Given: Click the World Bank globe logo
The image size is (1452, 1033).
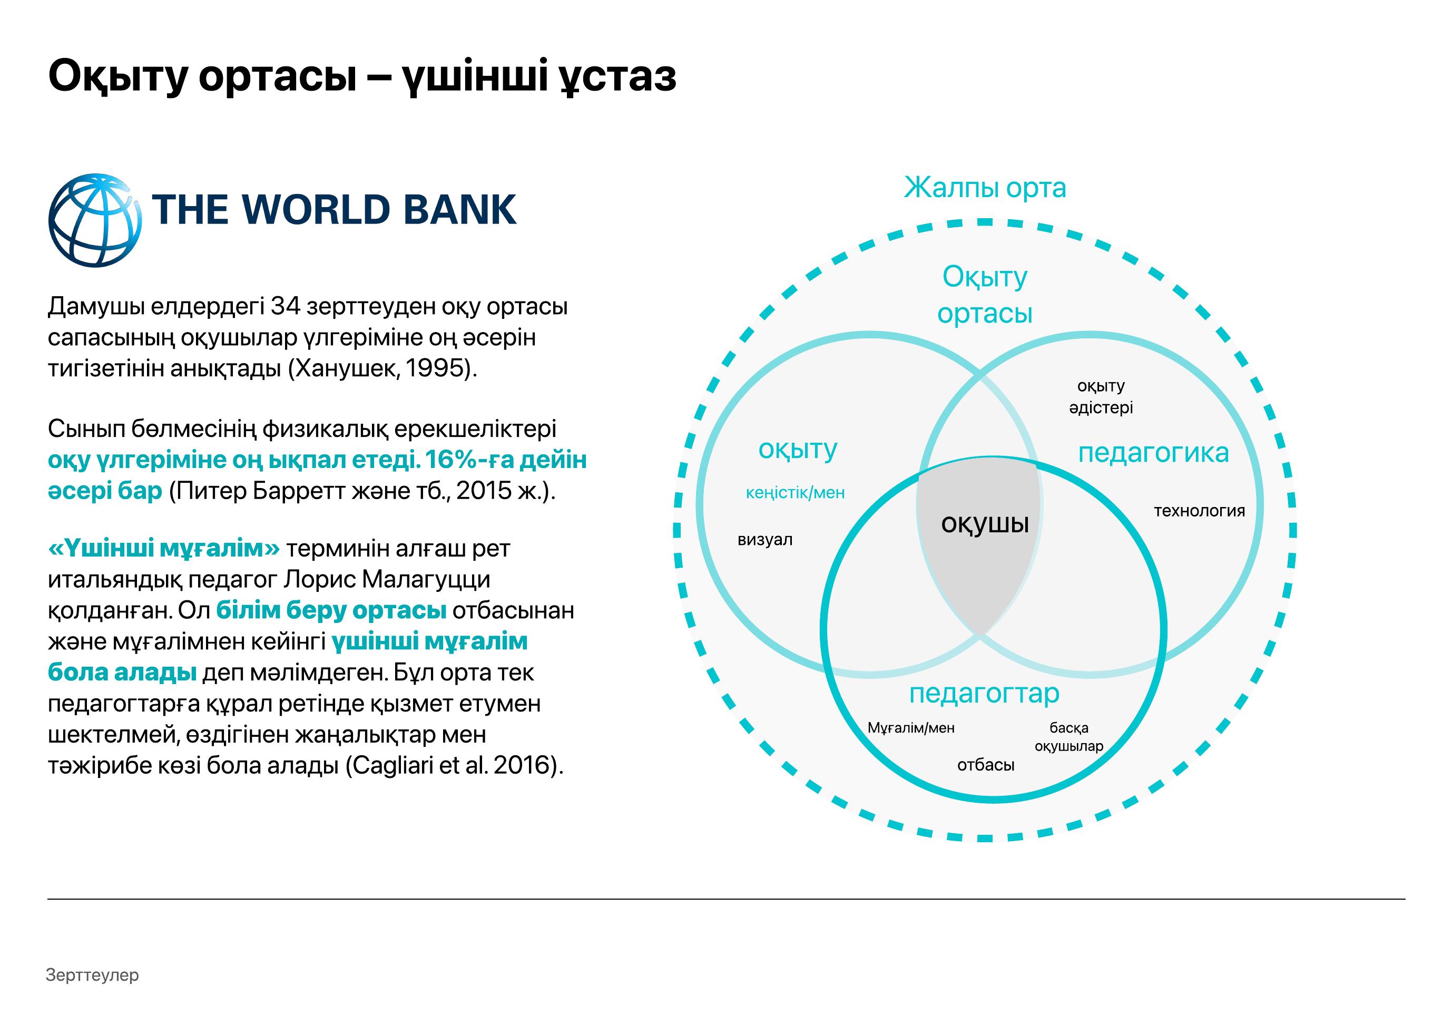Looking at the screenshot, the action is (95, 220).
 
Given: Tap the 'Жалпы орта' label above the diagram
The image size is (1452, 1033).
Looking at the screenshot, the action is (985, 188).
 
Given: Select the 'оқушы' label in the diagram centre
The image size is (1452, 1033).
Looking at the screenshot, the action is (985, 523).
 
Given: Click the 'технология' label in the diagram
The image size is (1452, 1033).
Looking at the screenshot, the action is (1199, 511).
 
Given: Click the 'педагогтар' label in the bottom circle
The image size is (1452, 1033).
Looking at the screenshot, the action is (984, 694).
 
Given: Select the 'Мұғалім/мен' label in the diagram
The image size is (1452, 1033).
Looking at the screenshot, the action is (911, 728).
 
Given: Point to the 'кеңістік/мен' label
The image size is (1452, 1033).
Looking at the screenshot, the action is (796, 493).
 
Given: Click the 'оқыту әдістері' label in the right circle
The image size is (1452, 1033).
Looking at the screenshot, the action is (1101, 397).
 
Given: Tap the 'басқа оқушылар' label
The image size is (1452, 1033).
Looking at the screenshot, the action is (1068, 737).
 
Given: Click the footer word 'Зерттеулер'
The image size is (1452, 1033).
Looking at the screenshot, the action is (92, 975).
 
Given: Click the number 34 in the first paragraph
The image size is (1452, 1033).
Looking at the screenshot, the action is (286, 307).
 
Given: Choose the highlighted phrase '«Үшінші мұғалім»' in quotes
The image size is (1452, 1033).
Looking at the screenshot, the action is (163, 548).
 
